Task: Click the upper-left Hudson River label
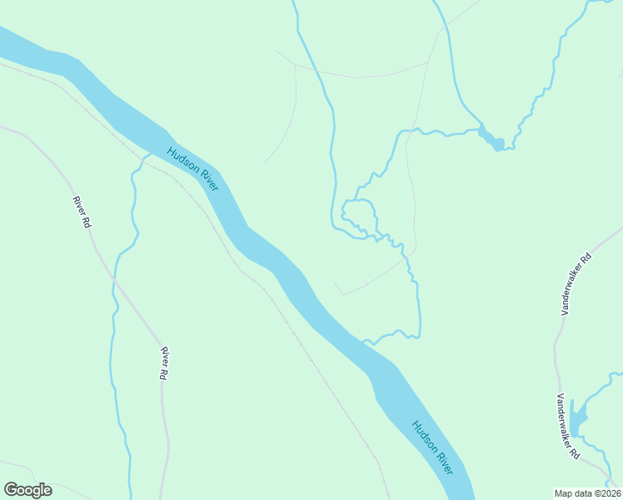(x=192, y=169)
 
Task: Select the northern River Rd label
(x=81, y=212)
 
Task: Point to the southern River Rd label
(x=165, y=363)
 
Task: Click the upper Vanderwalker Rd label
(x=576, y=283)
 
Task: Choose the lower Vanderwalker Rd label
(x=568, y=426)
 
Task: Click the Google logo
(x=27, y=490)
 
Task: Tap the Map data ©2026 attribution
(x=587, y=492)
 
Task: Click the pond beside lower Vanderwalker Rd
(x=577, y=415)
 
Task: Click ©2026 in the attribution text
(x=605, y=492)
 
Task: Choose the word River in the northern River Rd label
(x=78, y=206)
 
